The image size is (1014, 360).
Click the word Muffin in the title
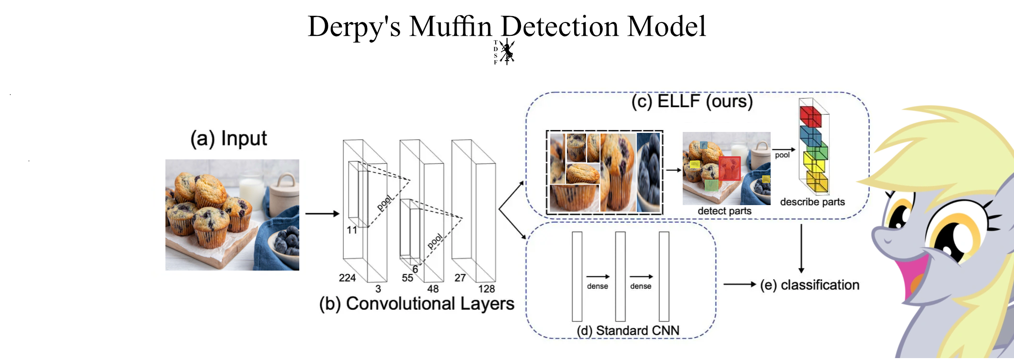point(450,27)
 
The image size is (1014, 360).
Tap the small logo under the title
point(505,52)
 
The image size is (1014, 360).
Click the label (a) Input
point(229,139)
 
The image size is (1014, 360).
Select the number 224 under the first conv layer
point(347,278)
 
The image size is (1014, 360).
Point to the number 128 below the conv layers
point(486,289)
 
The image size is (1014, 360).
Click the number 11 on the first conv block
point(352,230)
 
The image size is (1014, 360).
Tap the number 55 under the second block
point(407,278)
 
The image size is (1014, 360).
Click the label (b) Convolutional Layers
point(416,304)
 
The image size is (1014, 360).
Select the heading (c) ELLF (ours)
point(692,101)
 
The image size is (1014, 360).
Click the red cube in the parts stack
point(810,116)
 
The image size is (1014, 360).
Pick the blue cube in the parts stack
point(810,136)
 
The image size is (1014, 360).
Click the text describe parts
point(812,202)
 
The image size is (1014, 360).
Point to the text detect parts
point(724,211)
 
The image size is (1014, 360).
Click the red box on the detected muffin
point(729,168)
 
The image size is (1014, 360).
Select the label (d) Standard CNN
point(628,330)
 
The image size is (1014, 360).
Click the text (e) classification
point(809,285)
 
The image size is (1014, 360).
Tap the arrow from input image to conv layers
point(322,214)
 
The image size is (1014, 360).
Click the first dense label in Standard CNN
point(597,286)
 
